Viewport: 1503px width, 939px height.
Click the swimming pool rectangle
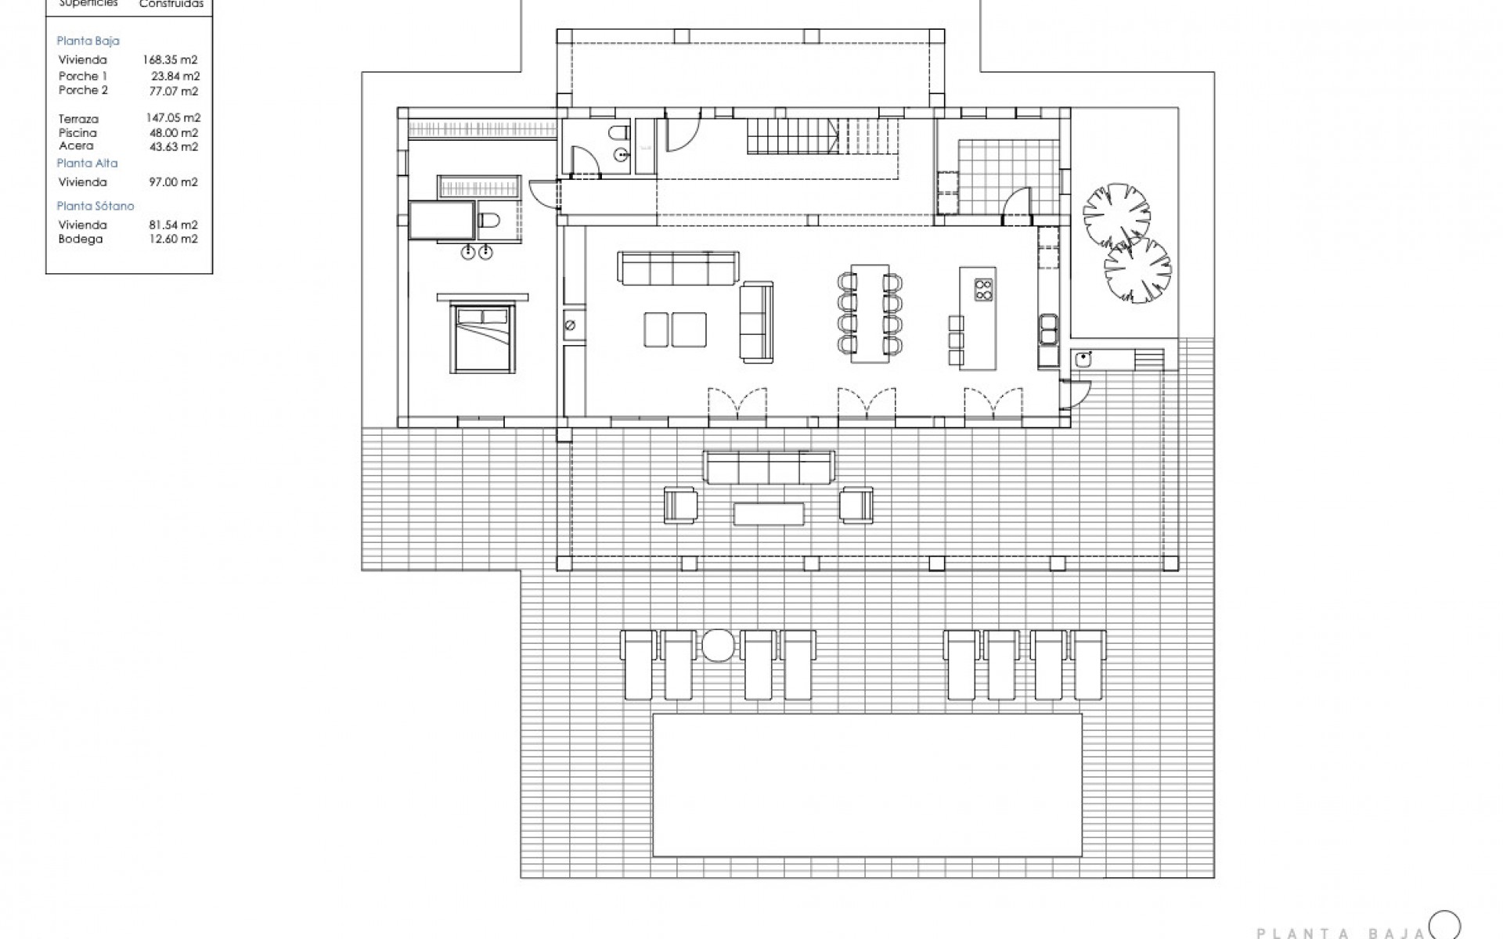click(867, 784)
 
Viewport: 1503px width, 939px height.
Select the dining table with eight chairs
click(870, 313)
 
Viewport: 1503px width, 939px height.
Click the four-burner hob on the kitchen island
click(983, 290)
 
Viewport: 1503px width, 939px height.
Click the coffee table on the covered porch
click(769, 513)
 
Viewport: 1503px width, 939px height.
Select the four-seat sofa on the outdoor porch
click(768, 468)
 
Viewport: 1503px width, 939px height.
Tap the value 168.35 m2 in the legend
click(170, 59)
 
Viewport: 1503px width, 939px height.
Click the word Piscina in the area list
click(77, 133)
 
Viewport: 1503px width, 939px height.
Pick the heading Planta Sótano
click(96, 206)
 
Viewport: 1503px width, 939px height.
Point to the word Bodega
click(81, 239)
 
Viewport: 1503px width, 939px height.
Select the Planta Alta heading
click(87, 164)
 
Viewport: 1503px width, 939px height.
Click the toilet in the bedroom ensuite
click(488, 221)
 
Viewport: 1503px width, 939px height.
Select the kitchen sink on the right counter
click(1047, 329)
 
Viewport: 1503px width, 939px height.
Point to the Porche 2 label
click(83, 91)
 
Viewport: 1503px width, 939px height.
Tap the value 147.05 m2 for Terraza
click(172, 118)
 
